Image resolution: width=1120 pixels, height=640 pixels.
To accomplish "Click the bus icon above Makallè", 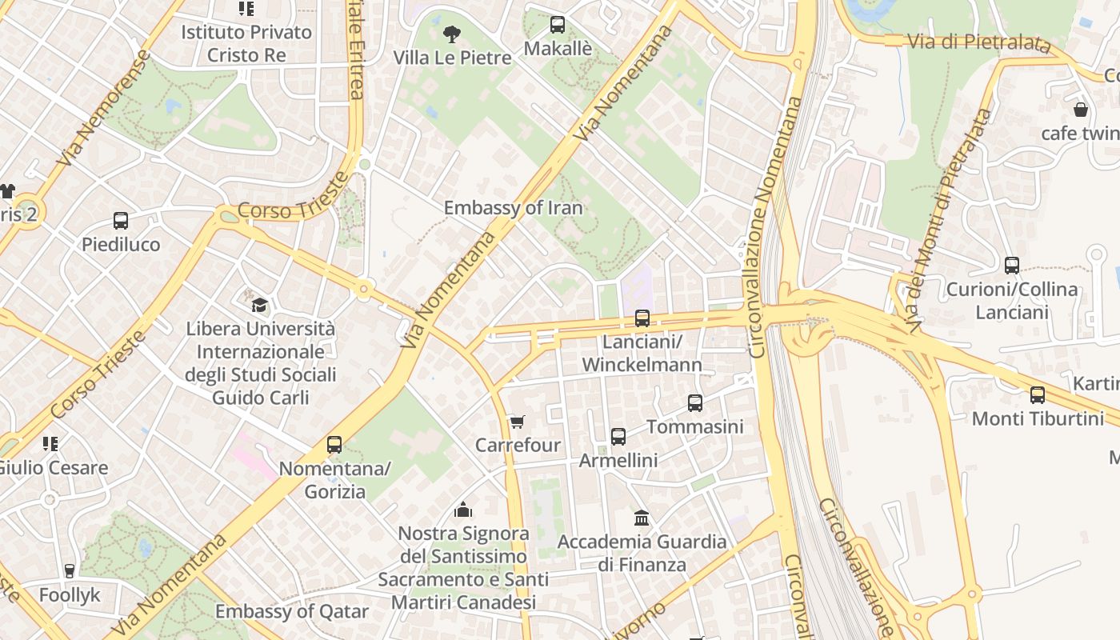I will (x=558, y=25).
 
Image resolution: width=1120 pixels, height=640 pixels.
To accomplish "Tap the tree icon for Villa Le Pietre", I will (x=451, y=34).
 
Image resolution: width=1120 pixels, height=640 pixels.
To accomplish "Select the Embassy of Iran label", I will (x=513, y=208).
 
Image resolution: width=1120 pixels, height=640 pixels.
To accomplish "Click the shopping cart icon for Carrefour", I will (x=518, y=422).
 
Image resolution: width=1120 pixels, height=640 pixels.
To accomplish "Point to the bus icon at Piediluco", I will (x=121, y=221).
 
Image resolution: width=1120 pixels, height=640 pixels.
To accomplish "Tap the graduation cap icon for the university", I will (x=259, y=305).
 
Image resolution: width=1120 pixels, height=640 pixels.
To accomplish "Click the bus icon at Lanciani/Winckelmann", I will (x=642, y=318).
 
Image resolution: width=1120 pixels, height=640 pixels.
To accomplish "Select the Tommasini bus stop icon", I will (x=695, y=403).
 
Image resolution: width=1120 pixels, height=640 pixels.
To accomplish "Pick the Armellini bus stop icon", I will (x=618, y=437).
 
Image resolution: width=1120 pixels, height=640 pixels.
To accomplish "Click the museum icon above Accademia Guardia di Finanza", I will (x=642, y=518).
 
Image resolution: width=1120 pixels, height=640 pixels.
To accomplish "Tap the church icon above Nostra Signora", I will (x=463, y=510).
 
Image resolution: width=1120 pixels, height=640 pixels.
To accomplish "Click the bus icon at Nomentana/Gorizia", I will (x=334, y=445).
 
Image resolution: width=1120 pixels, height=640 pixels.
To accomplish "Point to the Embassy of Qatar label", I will (x=292, y=612).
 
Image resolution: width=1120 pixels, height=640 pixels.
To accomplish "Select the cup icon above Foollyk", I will (x=70, y=571).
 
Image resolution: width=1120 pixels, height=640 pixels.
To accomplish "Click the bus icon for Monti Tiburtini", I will (x=1038, y=394).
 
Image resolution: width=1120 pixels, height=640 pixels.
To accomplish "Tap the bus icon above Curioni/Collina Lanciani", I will (x=1012, y=266).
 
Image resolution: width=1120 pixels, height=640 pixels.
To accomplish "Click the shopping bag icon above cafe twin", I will (x=1081, y=110).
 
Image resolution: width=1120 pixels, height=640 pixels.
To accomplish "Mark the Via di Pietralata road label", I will (x=978, y=42).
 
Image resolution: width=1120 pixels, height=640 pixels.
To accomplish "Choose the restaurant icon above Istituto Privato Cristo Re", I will (x=246, y=9).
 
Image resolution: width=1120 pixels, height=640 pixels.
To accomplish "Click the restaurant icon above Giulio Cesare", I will (x=50, y=443).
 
